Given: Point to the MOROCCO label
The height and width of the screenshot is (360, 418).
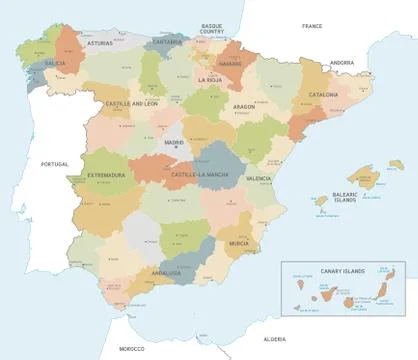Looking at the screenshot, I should point(131,348).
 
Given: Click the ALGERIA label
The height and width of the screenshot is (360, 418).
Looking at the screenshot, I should point(274,339).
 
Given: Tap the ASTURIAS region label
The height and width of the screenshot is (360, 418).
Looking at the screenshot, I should point(100,44).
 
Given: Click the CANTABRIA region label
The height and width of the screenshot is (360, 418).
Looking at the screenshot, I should point(168,42).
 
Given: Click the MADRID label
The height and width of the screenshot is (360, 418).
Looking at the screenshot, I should point(174,142).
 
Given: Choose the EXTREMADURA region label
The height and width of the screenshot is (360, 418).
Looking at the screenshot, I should point(105,175).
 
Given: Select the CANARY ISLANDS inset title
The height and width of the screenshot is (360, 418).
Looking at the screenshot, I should point(342,270).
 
